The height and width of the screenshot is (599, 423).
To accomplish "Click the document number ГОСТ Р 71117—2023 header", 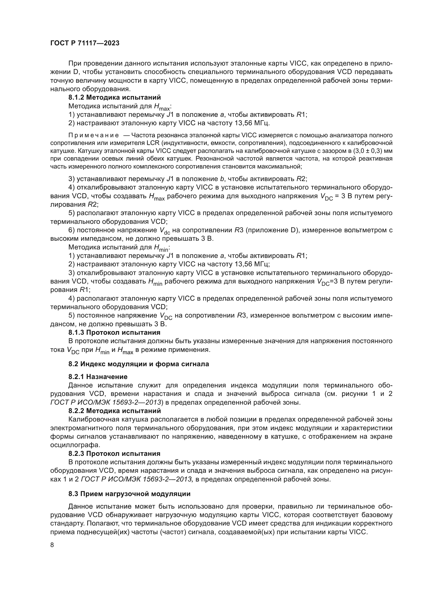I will [x=85, y=43].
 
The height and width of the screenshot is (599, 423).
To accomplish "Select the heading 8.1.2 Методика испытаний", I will [x=115, y=98].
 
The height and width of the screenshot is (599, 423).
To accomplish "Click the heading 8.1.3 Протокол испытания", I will [x=114, y=333].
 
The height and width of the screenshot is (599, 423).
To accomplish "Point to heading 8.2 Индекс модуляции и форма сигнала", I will [x=139, y=364].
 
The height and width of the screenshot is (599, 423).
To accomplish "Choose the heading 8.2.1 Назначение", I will [x=98, y=377].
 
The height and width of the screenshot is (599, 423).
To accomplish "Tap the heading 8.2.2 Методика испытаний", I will [x=115, y=411].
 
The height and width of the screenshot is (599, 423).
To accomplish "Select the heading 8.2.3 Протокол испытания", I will [x=114, y=454].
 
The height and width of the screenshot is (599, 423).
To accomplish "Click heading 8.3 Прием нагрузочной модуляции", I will [x=129, y=494].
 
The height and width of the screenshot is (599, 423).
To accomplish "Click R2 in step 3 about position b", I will [x=301, y=179].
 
